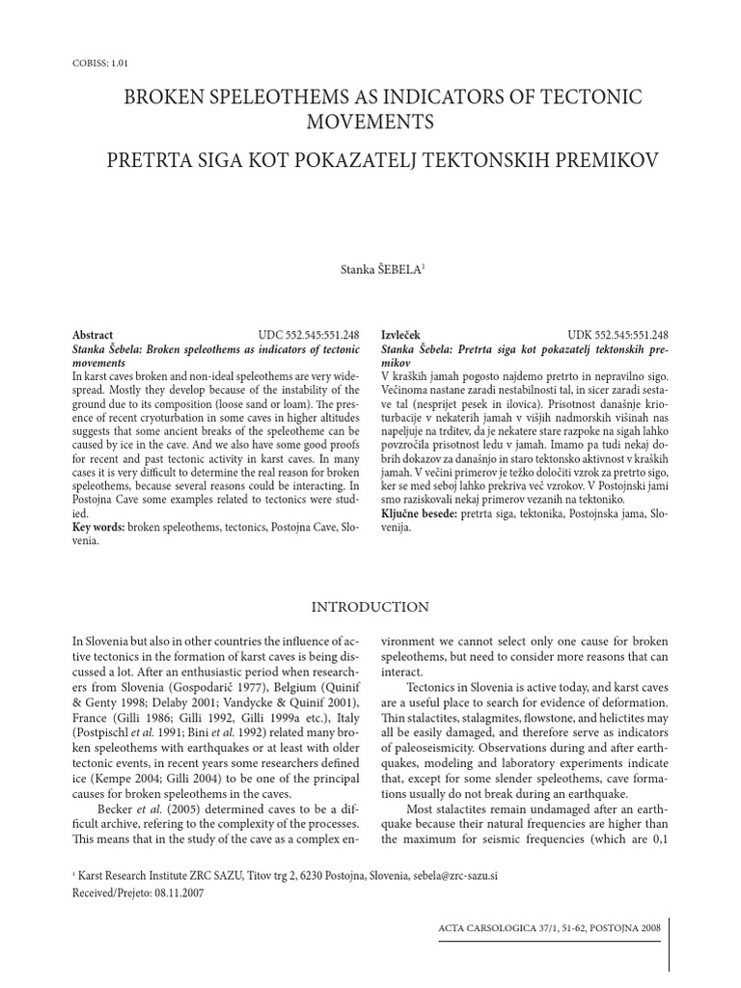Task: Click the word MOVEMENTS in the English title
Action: (x=370, y=122)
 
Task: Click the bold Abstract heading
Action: (x=93, y=334)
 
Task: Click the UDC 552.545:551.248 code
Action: (x=309, y=334)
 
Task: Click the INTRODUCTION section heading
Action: (x=370, y=607)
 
